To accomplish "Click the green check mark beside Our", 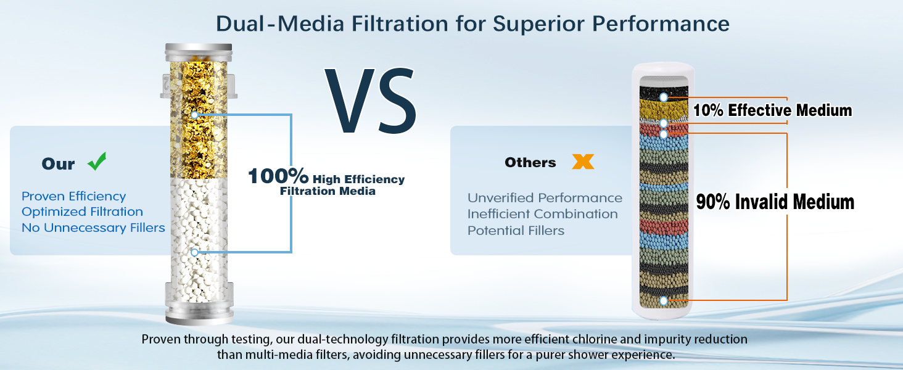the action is point(97,162).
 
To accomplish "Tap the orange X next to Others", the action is point(583,162).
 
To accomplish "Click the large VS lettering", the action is point(371,101).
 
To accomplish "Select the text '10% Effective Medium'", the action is point(772,110).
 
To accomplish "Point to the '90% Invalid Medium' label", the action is point(775,202).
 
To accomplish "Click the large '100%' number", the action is point(278,176).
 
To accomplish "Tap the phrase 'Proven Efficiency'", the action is point(74,196).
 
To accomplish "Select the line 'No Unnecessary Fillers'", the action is point(94,228).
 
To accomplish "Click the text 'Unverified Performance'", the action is point(545,198).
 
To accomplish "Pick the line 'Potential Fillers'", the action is point(516,231).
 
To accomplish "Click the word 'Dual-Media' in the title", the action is point(280,23).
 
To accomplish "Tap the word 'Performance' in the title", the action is point(661,23).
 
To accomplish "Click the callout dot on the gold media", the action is point(195,115).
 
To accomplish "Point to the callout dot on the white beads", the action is point(195,253).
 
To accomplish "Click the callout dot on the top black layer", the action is point(664,97).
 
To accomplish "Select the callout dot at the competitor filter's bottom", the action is point(664,301).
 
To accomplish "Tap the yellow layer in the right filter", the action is point(664,109).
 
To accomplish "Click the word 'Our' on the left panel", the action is point(59,164).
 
